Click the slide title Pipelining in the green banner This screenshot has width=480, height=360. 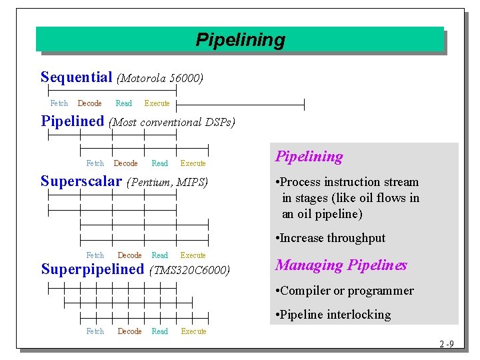[240, 40]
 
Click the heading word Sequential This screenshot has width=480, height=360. [76, 77]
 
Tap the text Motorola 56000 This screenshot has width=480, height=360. [160, 79]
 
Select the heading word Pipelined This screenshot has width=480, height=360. [73, 121]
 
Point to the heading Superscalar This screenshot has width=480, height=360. [81, 181]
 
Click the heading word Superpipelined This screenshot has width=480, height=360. [92, 269]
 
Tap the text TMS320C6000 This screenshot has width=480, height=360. [191, 270]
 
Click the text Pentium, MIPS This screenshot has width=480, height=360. [167, 182]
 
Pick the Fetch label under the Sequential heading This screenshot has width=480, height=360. [59, 103]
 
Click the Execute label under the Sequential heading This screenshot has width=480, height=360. [157, 103]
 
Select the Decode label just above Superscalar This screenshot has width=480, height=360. [125, 163]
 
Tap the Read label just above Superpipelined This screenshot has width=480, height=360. [160, 255]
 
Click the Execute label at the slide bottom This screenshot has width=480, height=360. [193, 331]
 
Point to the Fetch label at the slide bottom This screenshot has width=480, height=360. [95, 331]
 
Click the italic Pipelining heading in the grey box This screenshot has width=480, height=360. [309, 157]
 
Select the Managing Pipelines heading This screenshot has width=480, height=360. [341, 265]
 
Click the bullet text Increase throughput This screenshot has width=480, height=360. [331, 238]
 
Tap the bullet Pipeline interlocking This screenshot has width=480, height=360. [333, 315]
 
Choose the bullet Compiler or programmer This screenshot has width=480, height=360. [345, 291]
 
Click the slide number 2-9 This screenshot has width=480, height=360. [447, 345]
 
